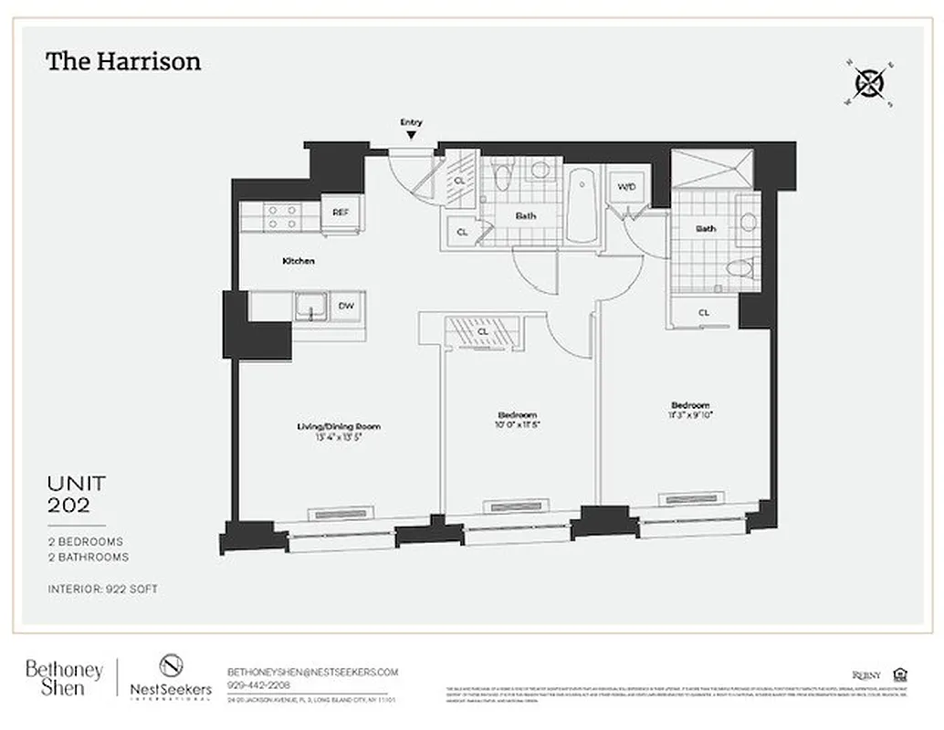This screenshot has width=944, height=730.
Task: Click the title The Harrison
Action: click(123, 62)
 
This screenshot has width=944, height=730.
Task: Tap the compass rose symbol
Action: click(869, 84)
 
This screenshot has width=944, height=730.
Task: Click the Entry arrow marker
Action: click(411, 134)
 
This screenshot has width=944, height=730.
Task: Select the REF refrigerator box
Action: click(341, 213)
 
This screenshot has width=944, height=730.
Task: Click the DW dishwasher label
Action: click(346, 307)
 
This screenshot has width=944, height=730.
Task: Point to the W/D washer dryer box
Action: click(626, 188)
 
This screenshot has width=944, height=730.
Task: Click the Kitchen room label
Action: click(298, 261)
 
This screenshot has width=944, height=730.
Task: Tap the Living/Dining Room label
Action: click(338, 426)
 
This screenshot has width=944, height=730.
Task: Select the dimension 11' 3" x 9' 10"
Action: click(689, 415)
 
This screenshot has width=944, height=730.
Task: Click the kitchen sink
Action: click(310, 307)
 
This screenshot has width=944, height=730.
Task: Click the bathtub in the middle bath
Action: click(582, 206)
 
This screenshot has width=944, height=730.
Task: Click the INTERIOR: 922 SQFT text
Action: click(102, 589)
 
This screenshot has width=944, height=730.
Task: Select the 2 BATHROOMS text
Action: click(88, 557)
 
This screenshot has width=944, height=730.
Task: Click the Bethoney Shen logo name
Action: click(64, 678)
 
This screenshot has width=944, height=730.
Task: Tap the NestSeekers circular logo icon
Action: click(171, 665)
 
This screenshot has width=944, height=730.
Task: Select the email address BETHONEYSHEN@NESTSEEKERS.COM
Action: click(312, 671)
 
